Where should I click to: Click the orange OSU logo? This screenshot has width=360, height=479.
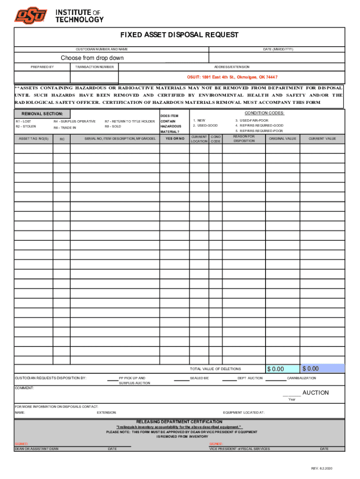31,16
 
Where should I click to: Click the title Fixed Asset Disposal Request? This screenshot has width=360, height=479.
180,35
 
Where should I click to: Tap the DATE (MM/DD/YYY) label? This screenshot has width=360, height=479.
278,49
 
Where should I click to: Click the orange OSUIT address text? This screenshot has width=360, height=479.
232,77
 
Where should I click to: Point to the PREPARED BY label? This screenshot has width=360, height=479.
42,67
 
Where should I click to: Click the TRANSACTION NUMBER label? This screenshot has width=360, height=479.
94,67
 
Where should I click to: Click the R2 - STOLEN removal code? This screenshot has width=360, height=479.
26,126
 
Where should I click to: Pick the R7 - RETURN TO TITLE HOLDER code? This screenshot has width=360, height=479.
130,121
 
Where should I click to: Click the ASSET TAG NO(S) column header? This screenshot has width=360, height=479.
33,138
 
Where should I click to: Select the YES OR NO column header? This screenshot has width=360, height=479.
174,138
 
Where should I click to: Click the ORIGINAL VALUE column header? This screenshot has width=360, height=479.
282,138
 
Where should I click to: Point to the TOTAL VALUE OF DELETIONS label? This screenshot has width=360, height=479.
216,369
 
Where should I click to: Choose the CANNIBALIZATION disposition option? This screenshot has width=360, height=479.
301,378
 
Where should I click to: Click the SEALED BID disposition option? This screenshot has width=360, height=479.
199,378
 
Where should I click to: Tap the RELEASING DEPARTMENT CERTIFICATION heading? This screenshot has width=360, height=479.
179,421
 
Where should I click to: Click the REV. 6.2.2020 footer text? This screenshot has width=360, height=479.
322,469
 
